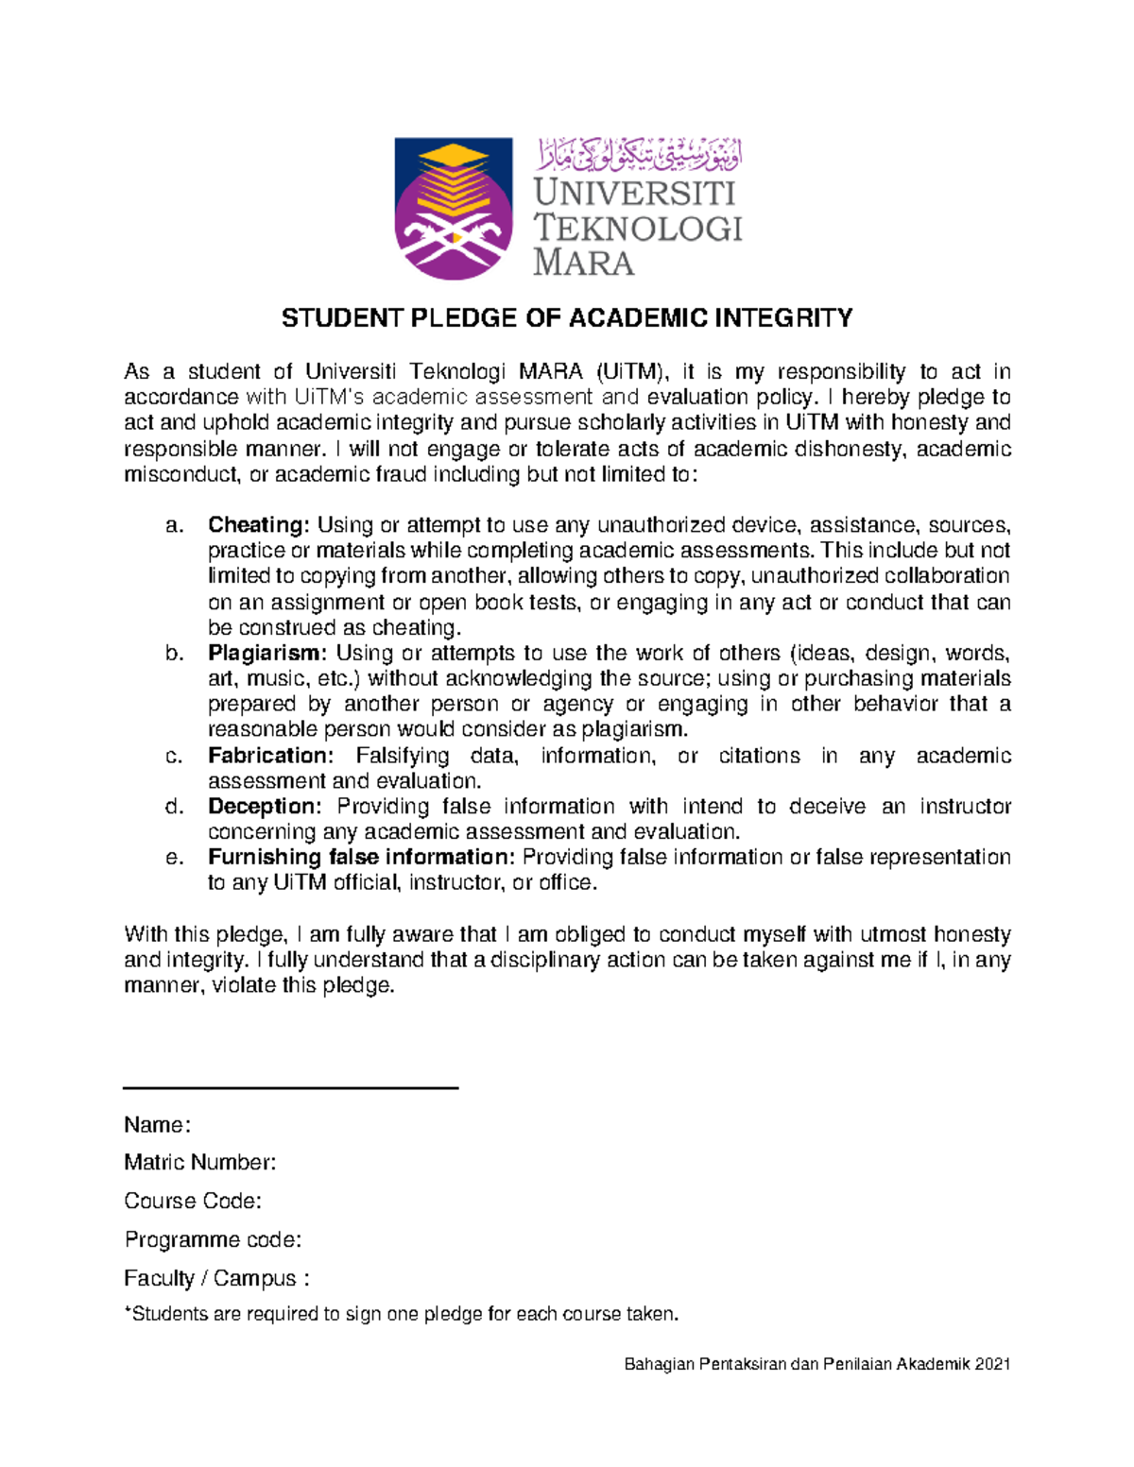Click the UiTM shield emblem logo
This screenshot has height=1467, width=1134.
click(x=454, y=209)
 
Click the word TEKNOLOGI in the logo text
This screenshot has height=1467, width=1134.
click(x=638, y=228)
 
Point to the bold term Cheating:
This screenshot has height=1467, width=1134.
click(x=259, y=525)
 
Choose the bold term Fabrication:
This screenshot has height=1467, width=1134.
click(x=271, y=756)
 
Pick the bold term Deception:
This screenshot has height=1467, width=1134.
click(x=266, y=807)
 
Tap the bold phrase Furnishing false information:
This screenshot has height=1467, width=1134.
click(x=362, y=858)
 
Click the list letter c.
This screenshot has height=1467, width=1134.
click(x=173, y=756)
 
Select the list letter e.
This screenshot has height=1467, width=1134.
click(x=173, y=858)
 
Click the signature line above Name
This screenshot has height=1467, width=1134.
click(x=291, y=1088)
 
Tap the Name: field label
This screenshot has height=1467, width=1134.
click(x=158, y=1125)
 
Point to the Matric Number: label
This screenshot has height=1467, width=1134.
click(x=200, y=1163)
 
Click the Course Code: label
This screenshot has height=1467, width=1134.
click(x=193, y=1202)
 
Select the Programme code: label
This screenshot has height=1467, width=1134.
click(x=213, y=1239)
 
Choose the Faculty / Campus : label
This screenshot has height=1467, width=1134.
click(x=216, y=1279)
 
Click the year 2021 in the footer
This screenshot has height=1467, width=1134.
click(x=993, y=1364)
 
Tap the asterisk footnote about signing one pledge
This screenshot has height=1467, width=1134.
click(x=402, y=1314)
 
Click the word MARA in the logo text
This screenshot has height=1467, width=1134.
click(x=583, y=263)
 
